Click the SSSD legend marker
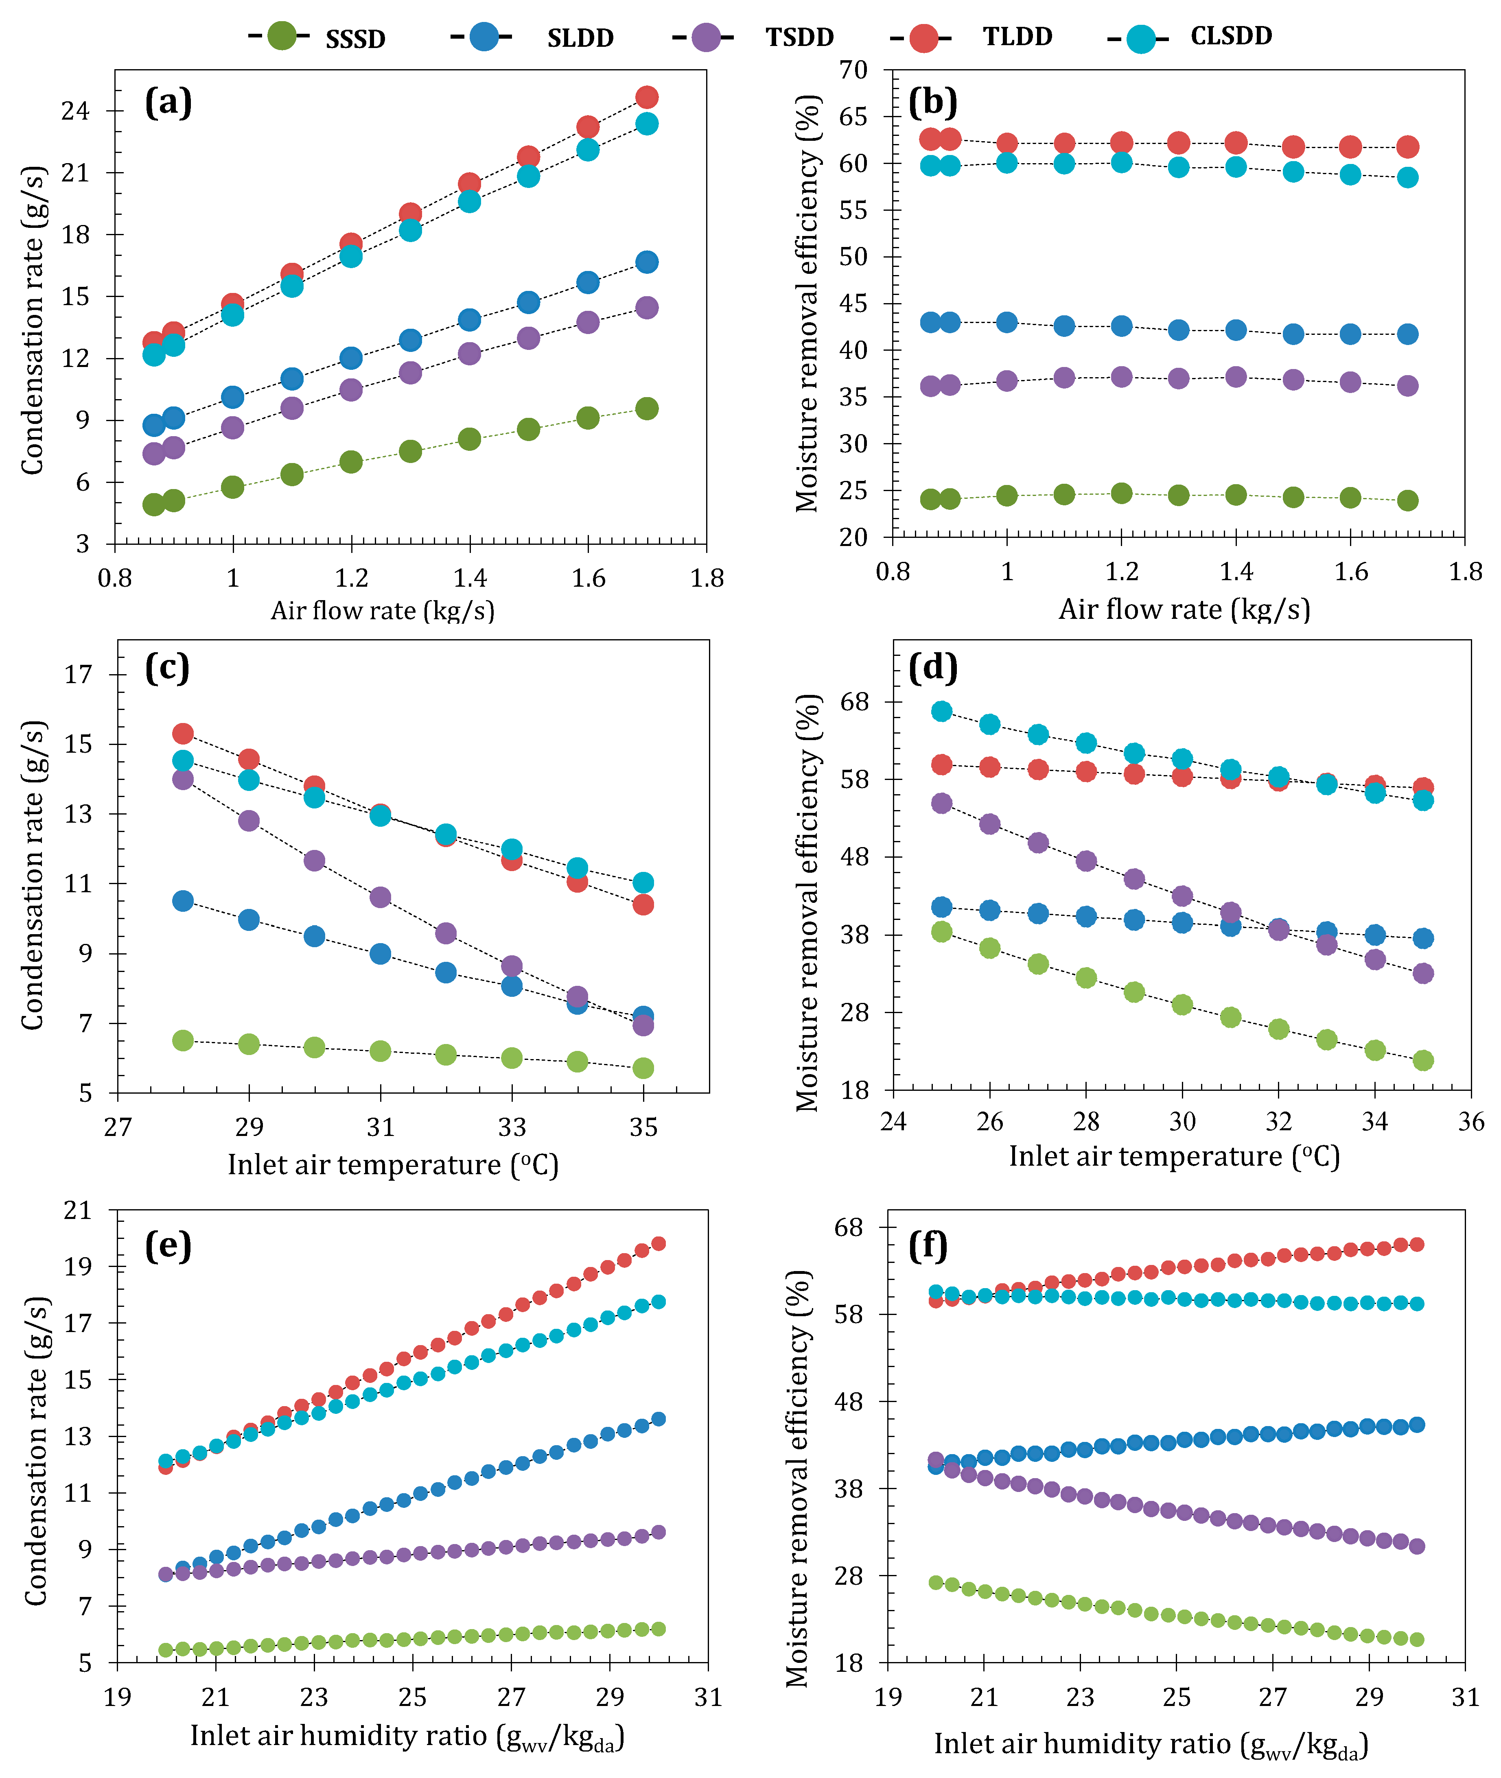(x=282, y=37)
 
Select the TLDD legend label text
(x=1017, y=37)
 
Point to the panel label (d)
(x=934, y=668)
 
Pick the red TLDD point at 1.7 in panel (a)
(x=647, y=97)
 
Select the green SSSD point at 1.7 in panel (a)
(x=647, y=408)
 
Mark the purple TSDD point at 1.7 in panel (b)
(x=1407, y=385)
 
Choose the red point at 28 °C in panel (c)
(x=183, y=733)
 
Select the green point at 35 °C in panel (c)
(x=643, y=1068)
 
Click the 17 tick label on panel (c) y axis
(x=78, y=675)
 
